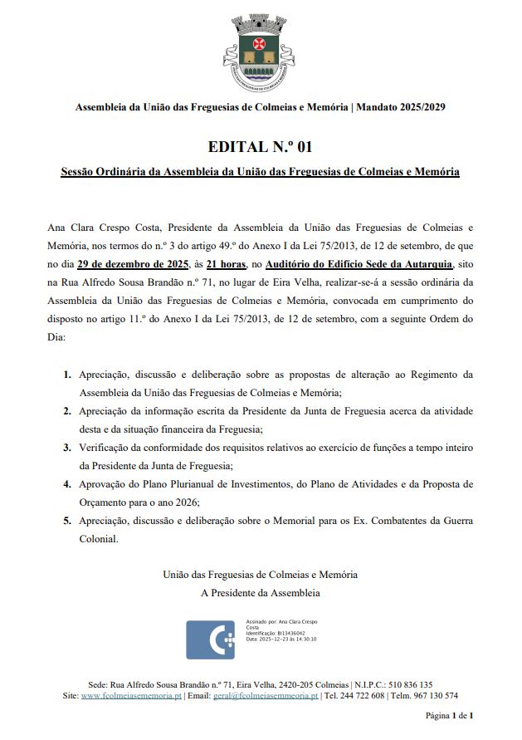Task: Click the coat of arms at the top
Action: (260, 52)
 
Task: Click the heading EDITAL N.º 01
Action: (260, 148)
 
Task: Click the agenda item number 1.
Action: (67, 375)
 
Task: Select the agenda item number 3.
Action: (67, 448)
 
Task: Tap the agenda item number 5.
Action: (67, 521)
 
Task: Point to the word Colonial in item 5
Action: (99, 539)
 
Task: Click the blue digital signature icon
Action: (210, 639)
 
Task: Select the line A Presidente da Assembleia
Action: (260, 593)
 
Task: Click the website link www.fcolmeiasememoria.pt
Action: (131, 696)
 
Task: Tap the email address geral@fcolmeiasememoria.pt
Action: (266, 696)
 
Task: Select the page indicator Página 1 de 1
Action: (449, 715)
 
